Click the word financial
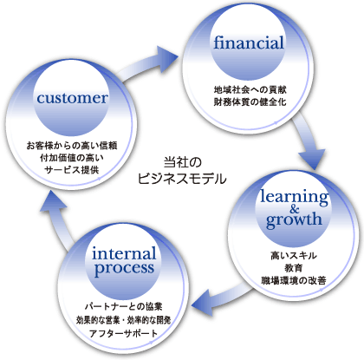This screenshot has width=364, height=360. pos(249,43)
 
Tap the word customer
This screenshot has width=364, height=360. pos(72,98)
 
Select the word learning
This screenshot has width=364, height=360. pos(294,197)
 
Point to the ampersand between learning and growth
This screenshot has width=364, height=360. pos(295,209)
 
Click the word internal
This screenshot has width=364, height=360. pos(124,254)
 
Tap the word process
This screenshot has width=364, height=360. pos(124,269)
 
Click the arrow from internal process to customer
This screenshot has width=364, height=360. pos(58,219)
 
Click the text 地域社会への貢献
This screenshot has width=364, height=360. pos(250,90)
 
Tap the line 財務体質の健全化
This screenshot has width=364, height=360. pos(250,102)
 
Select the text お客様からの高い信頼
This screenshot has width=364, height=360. pos(72,146)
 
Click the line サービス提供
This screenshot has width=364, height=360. pos(72,170)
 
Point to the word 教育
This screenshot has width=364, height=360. pos(294,268)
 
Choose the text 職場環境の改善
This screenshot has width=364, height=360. pos(294,280)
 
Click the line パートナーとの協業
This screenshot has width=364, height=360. pos(124,306)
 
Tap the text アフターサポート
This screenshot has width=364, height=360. pos(124,333)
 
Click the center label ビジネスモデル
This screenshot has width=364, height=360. pos(182,179)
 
